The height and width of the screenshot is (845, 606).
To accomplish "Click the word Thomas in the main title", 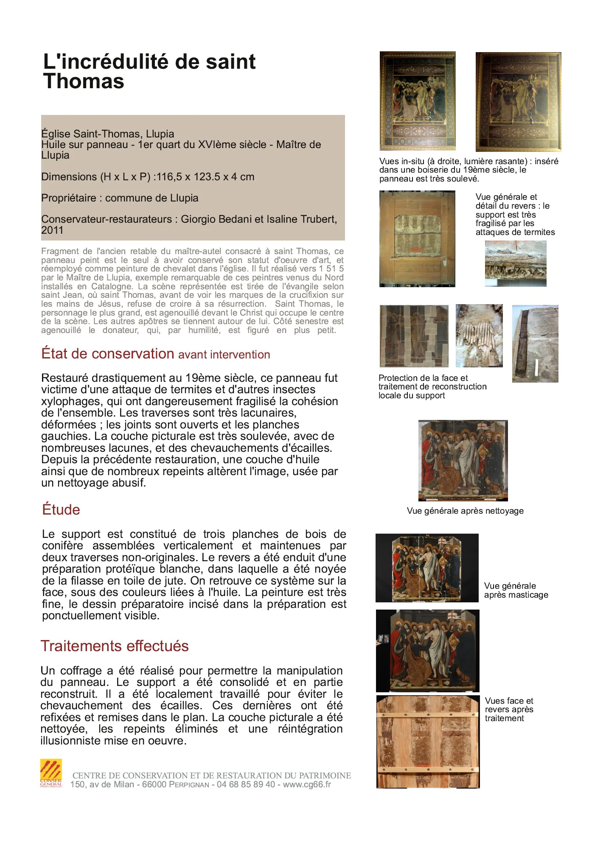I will pos(84,81).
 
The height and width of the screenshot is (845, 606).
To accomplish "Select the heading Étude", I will pos(61,509).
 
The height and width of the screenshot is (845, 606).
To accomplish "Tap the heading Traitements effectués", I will pos(115,646).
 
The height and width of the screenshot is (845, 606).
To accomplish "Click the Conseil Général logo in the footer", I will pos(51,773).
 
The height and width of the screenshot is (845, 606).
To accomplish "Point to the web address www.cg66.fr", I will pos(307,784).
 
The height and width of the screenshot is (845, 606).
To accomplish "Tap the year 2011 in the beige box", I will pos(52,230).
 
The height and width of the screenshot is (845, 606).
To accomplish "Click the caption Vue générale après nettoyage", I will pos(465,511).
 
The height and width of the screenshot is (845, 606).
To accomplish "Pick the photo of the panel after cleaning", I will pos(463,460).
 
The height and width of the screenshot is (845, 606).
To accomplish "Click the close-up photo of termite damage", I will pos(516,263).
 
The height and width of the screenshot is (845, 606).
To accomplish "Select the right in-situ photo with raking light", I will pos(518,102).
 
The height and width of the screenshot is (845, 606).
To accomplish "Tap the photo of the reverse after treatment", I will pos(428,742).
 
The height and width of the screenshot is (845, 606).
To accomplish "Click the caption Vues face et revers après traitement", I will pos(509,709).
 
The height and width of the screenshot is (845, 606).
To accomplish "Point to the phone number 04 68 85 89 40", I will pos(246,784).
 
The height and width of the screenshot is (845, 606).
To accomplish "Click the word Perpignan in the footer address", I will pos(189,785).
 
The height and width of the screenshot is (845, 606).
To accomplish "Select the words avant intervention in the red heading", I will pos(224,355).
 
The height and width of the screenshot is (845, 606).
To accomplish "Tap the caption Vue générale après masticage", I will pos(516,590).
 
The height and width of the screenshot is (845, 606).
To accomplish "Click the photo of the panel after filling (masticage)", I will pos(427,568).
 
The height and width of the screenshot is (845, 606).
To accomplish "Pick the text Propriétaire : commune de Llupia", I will pos(120,198).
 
